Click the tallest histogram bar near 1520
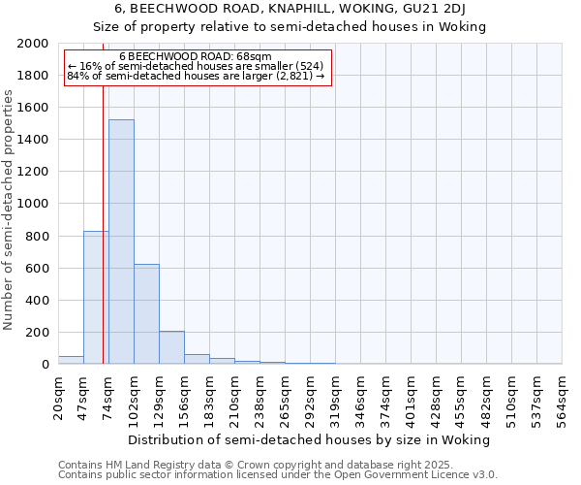[x=121, y=242]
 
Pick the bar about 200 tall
[x=171, y=347]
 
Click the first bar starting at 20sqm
[x=71, y=360]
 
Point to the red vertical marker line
[x=103, y=223]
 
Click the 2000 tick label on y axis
[x=33, y=44]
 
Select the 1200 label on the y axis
[x=33, y=172]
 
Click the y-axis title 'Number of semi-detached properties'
[x=10, y=210]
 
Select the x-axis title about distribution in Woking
[x=310, y=439]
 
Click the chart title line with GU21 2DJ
[x=290, y=10]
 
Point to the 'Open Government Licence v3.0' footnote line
[x=278, y=475]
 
